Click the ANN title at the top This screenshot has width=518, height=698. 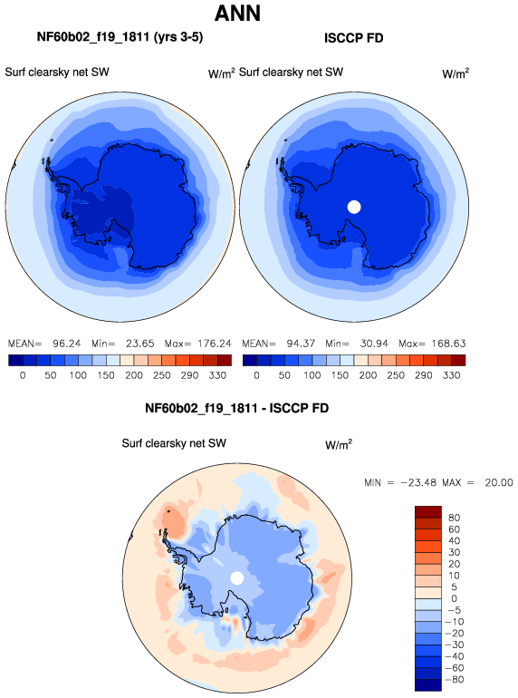pyautogui.click(x=237, y=14)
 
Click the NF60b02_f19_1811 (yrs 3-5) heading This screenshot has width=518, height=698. pyautogui.click(x=120, y=37)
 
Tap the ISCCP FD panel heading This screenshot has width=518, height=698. pyautogui.click(x=353, y=38)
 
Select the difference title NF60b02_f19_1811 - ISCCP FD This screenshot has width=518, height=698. pyautogui.click(x=236, y=408)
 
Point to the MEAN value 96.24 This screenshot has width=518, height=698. pyautogui.click(x=67, y=344)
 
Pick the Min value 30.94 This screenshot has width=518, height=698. pyautogui.click(x=374, y=344)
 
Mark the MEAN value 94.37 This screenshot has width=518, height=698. pyautogui.click(x=301, y=344)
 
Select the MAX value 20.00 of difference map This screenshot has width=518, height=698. pyautogui.click(x=499, y=482)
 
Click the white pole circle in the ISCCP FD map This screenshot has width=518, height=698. pyautogui.click(x=354, y=207)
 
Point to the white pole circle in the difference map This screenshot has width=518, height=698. pyautogui.click(x=237, y=578)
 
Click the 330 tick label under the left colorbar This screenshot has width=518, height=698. pyautogui.click(x=217, y=375)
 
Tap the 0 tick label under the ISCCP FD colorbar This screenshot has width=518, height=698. pyautogui.click(x=256, y=375)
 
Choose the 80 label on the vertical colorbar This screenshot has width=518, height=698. pyautogui.click(x=454, y=518)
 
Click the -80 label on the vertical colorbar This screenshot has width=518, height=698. pyautogui.click(x=454, y=680)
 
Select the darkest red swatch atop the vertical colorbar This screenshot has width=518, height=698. pyautogui.click(x=428, y=512)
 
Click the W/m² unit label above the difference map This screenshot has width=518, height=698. pyautogui.click(x=339, y=445)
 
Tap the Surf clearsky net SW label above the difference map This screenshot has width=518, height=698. pyautogui.click(x=174, y=443)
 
